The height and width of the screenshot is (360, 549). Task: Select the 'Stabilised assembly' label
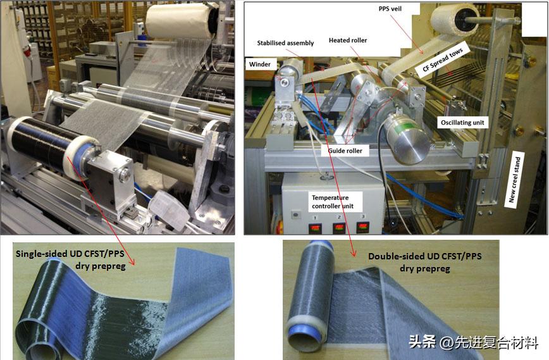click(285, 43)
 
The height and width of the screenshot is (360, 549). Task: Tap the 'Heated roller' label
click(348, 40)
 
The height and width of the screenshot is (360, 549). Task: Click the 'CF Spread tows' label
click(443, 59)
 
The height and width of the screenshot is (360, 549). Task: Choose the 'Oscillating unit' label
click(463, 122)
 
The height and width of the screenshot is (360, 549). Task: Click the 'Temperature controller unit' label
click(330, 202)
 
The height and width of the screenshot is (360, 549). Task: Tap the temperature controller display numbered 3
click(363, 227)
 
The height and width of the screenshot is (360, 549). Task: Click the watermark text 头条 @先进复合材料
click(473, 343)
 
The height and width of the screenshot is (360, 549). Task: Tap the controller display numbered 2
click(338, 227)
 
